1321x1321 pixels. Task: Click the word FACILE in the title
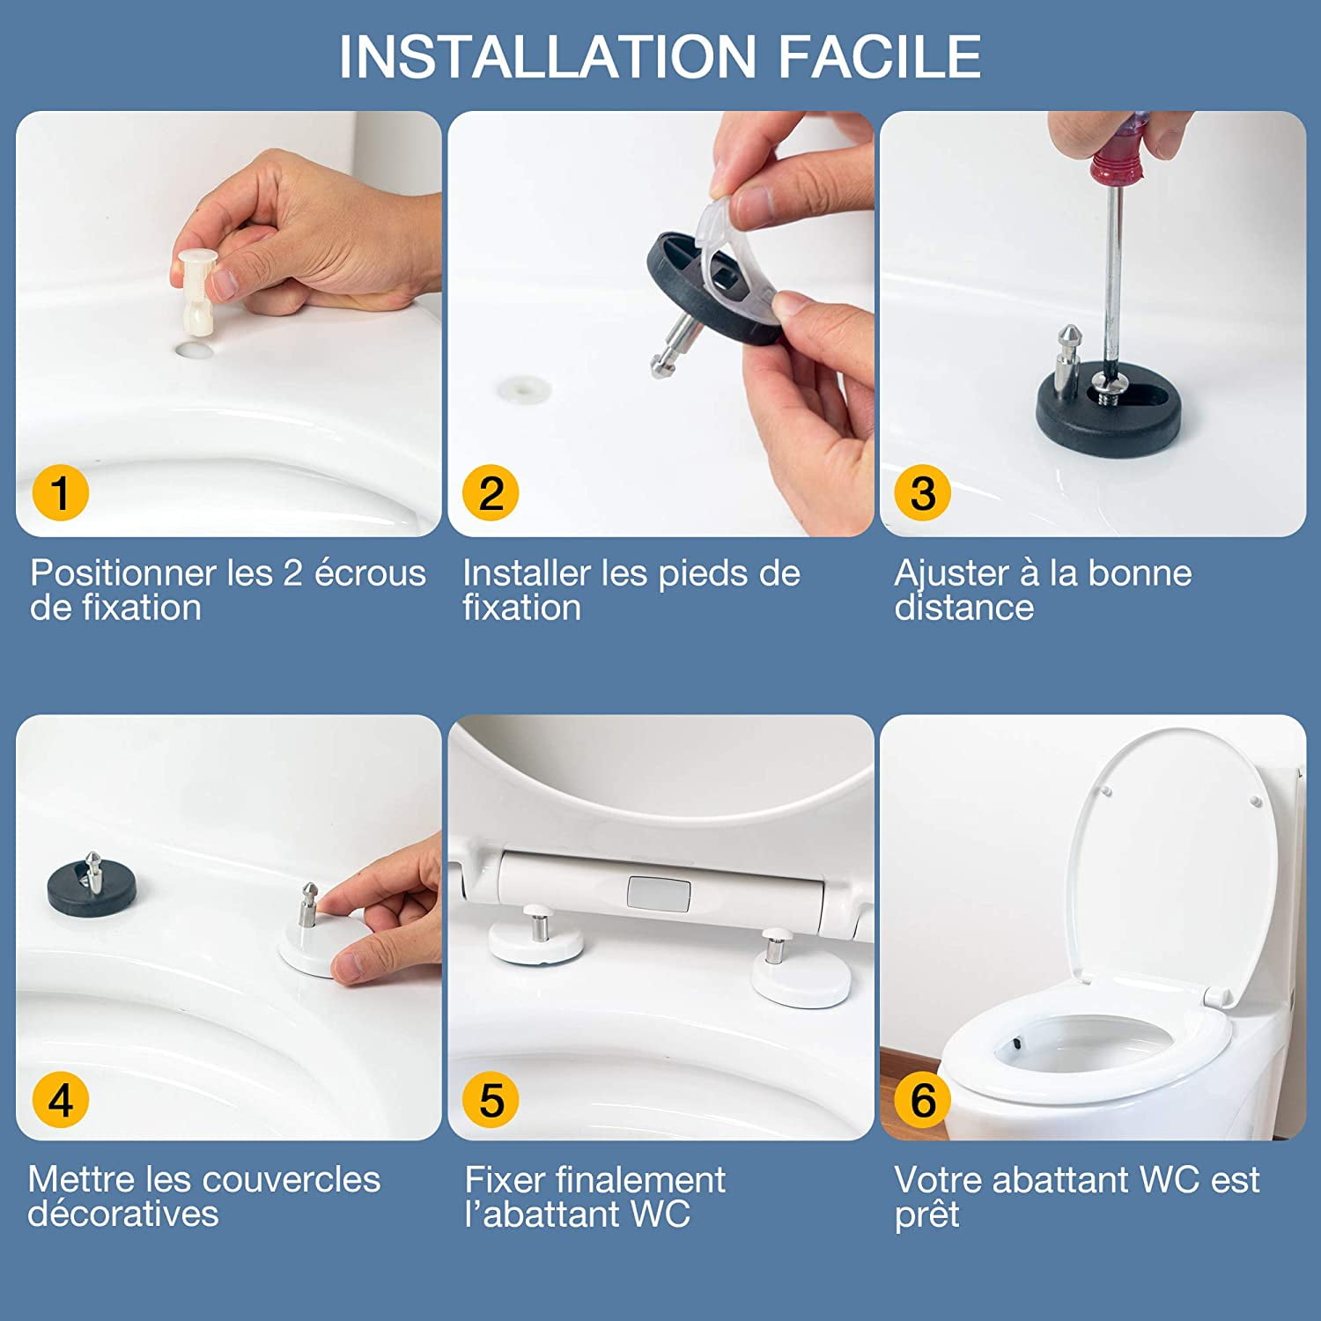(879, 56)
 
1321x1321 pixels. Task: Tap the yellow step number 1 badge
(60, 492)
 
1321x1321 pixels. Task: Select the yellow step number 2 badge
(491, 492)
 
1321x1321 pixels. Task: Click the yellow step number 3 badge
(922, 492)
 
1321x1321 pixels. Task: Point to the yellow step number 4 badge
(60, 1100)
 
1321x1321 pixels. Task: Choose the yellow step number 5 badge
(491, 1100)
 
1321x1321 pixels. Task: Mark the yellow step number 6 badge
(922, 1100)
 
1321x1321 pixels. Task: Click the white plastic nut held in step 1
(193, 290)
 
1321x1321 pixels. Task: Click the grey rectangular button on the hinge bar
(658, 894)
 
